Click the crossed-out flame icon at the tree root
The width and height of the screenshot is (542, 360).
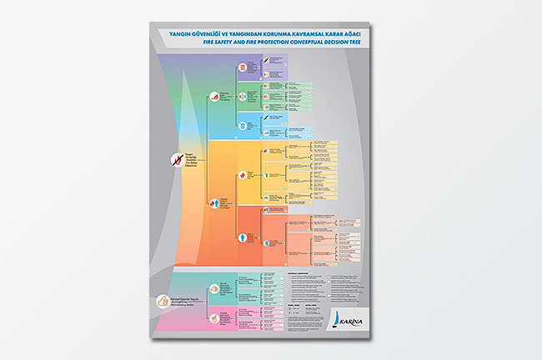[177, 158]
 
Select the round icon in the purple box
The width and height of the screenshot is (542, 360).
[243, 66]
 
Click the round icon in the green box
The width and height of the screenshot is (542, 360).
[243, 94]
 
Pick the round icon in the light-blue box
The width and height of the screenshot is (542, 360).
[243, 122]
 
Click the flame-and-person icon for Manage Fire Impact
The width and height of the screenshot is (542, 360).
[213, 202]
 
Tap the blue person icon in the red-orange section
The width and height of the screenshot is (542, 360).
[243, 237]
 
